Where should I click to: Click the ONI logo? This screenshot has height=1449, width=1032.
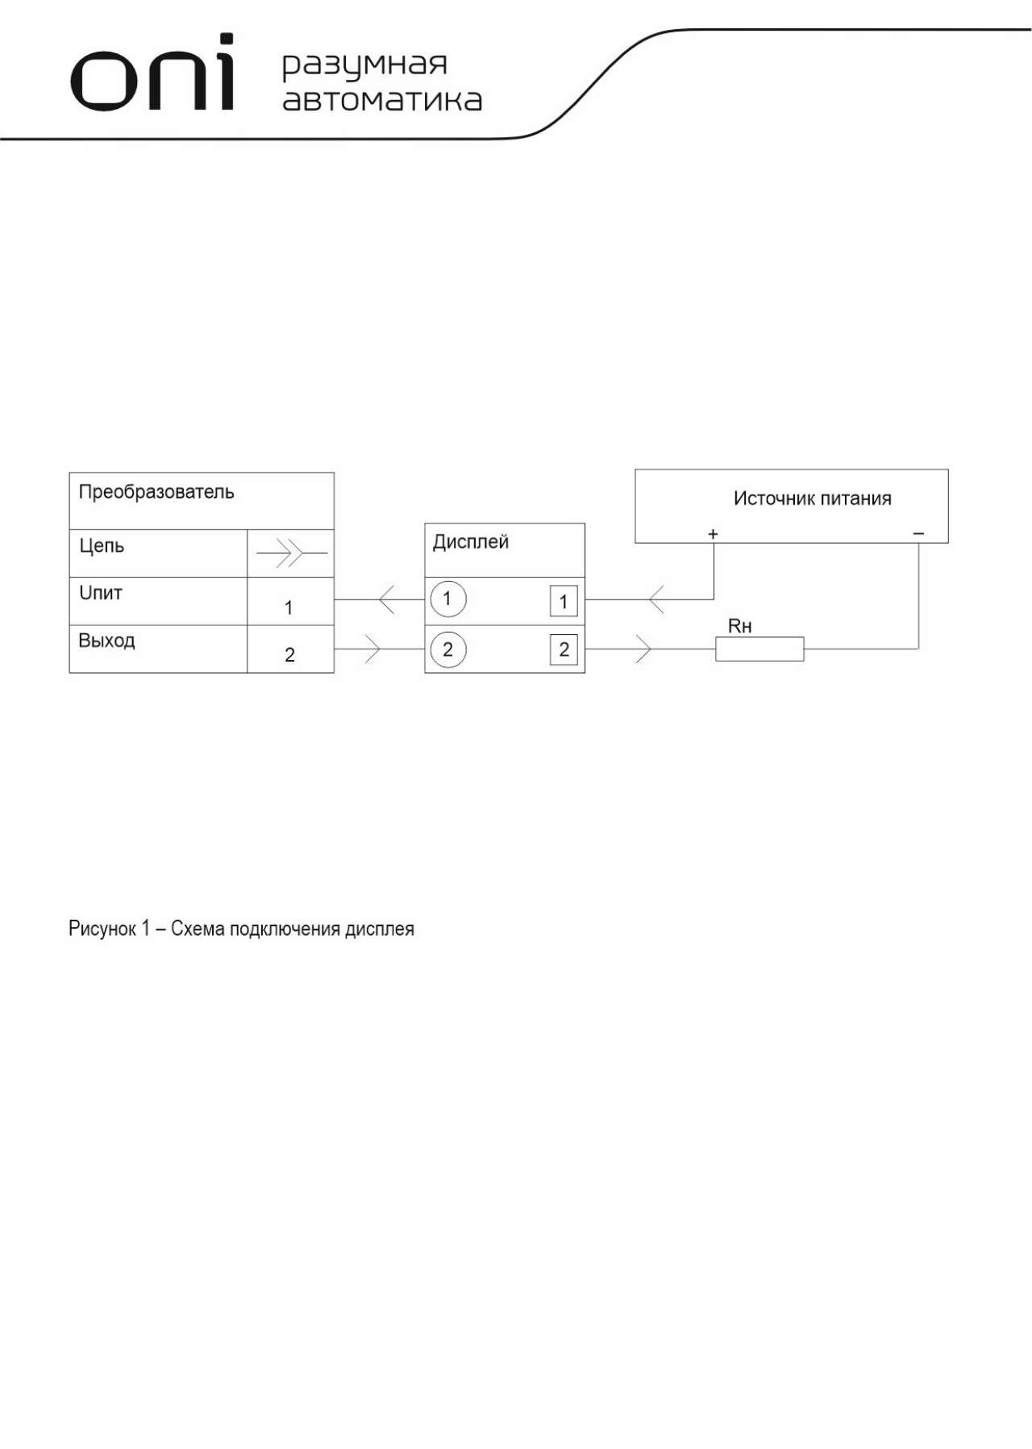(153, 73)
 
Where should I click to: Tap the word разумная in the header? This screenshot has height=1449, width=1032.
(364, 65)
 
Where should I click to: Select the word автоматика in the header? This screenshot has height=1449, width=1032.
(382, 100)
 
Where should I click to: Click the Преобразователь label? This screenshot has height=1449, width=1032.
(156, 492)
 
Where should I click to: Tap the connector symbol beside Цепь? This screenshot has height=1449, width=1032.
(292, 553)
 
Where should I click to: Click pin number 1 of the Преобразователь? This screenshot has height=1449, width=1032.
(289, 608)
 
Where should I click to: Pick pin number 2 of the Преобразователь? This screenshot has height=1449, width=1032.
(289, 655)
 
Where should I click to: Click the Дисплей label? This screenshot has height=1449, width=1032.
(471, 542)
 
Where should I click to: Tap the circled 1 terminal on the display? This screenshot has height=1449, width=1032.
(447, 599)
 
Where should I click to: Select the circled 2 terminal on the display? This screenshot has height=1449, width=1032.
(448, 649)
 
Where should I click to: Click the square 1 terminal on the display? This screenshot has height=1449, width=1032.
(564, 601)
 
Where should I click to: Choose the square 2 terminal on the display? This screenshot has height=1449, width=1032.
(564, 649)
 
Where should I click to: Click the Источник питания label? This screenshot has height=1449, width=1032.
(813, 499)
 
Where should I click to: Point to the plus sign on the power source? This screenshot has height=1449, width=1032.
(713, 534)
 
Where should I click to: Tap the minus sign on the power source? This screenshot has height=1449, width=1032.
(918, 534)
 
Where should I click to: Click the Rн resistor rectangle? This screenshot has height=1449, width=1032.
(759, 649)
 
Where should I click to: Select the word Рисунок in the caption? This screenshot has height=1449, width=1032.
(102, 929)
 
